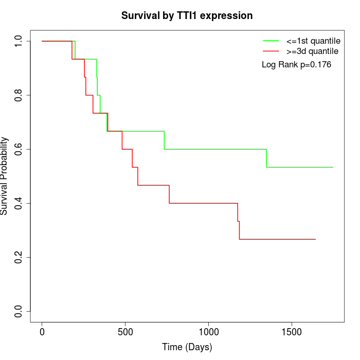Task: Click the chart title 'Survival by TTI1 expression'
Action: (187, 16)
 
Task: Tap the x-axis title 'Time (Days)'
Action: (187, 347)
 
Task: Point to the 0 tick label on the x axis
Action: (42, 331)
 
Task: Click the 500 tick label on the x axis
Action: (125, 331)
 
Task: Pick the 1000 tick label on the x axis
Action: (208, 331)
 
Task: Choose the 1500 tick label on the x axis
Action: (292, 331)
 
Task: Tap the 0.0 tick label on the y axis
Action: (19, 311)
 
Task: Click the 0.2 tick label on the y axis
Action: (19, 257)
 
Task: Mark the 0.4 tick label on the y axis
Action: (19, 203)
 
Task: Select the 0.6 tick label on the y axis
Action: (19, 149)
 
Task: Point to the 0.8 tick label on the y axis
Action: (19, 95)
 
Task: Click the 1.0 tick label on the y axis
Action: (19, 41)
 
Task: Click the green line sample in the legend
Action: (271, 41)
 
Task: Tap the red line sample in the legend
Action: (271, 51)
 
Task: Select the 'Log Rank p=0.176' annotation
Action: (296, 65)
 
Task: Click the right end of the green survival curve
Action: (333, 167)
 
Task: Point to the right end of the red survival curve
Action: (315, 239)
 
